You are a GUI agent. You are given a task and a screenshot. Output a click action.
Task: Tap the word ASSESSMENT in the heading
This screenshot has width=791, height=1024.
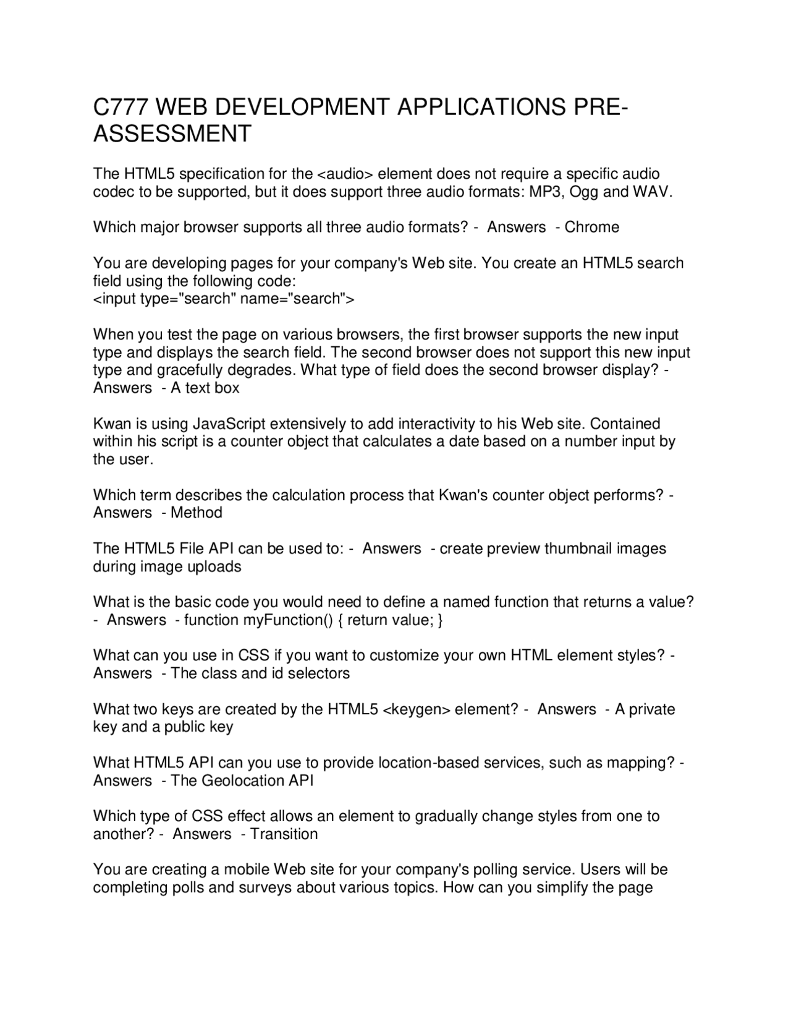[x=172, y=134]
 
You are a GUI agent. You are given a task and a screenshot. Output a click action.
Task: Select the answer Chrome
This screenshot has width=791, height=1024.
[x=591, y=227]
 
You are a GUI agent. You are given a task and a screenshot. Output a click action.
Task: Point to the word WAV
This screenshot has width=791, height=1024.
[x=651, y=192]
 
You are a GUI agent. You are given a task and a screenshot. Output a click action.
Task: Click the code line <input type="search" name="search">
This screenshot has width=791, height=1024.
[x=224, y=299]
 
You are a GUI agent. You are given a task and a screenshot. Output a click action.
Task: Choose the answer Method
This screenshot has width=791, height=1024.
[x=197, y=513]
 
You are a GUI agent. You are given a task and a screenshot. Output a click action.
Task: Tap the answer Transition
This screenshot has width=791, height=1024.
[x=284, y=834]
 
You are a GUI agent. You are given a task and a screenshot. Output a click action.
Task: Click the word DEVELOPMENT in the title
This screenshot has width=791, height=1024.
[x=273, y=108]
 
